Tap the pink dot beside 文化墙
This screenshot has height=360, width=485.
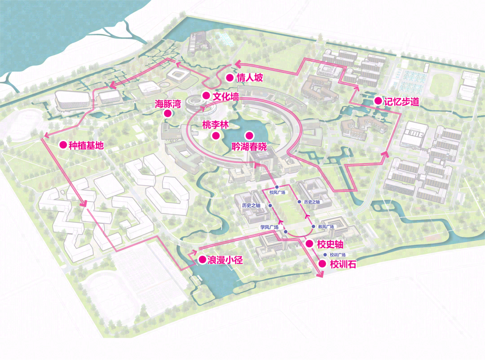(x=206, y=95)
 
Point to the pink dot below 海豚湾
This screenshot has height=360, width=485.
(x=168, y=114)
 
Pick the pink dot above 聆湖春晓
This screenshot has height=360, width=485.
(x=249, y=135)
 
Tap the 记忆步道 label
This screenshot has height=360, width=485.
(x=401, y=102)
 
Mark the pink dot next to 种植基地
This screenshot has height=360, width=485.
(x=63, y=145)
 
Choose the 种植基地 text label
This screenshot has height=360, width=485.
(x=86, y=145)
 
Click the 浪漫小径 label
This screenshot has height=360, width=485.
(x=225, y=260)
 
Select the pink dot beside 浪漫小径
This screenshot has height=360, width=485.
(x=202, y=260)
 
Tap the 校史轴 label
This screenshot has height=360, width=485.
(x=330, y=244)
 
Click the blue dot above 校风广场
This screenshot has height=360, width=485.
(x=277, y=187)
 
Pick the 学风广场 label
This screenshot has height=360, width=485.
(x=269, y=227)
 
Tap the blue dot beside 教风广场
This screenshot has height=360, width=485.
(x=313, y=227)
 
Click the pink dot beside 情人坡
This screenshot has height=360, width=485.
(x=229, y=78)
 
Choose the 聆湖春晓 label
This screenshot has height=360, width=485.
(x=249, y=147)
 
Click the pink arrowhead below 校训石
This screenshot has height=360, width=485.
(x=321, y=275)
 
